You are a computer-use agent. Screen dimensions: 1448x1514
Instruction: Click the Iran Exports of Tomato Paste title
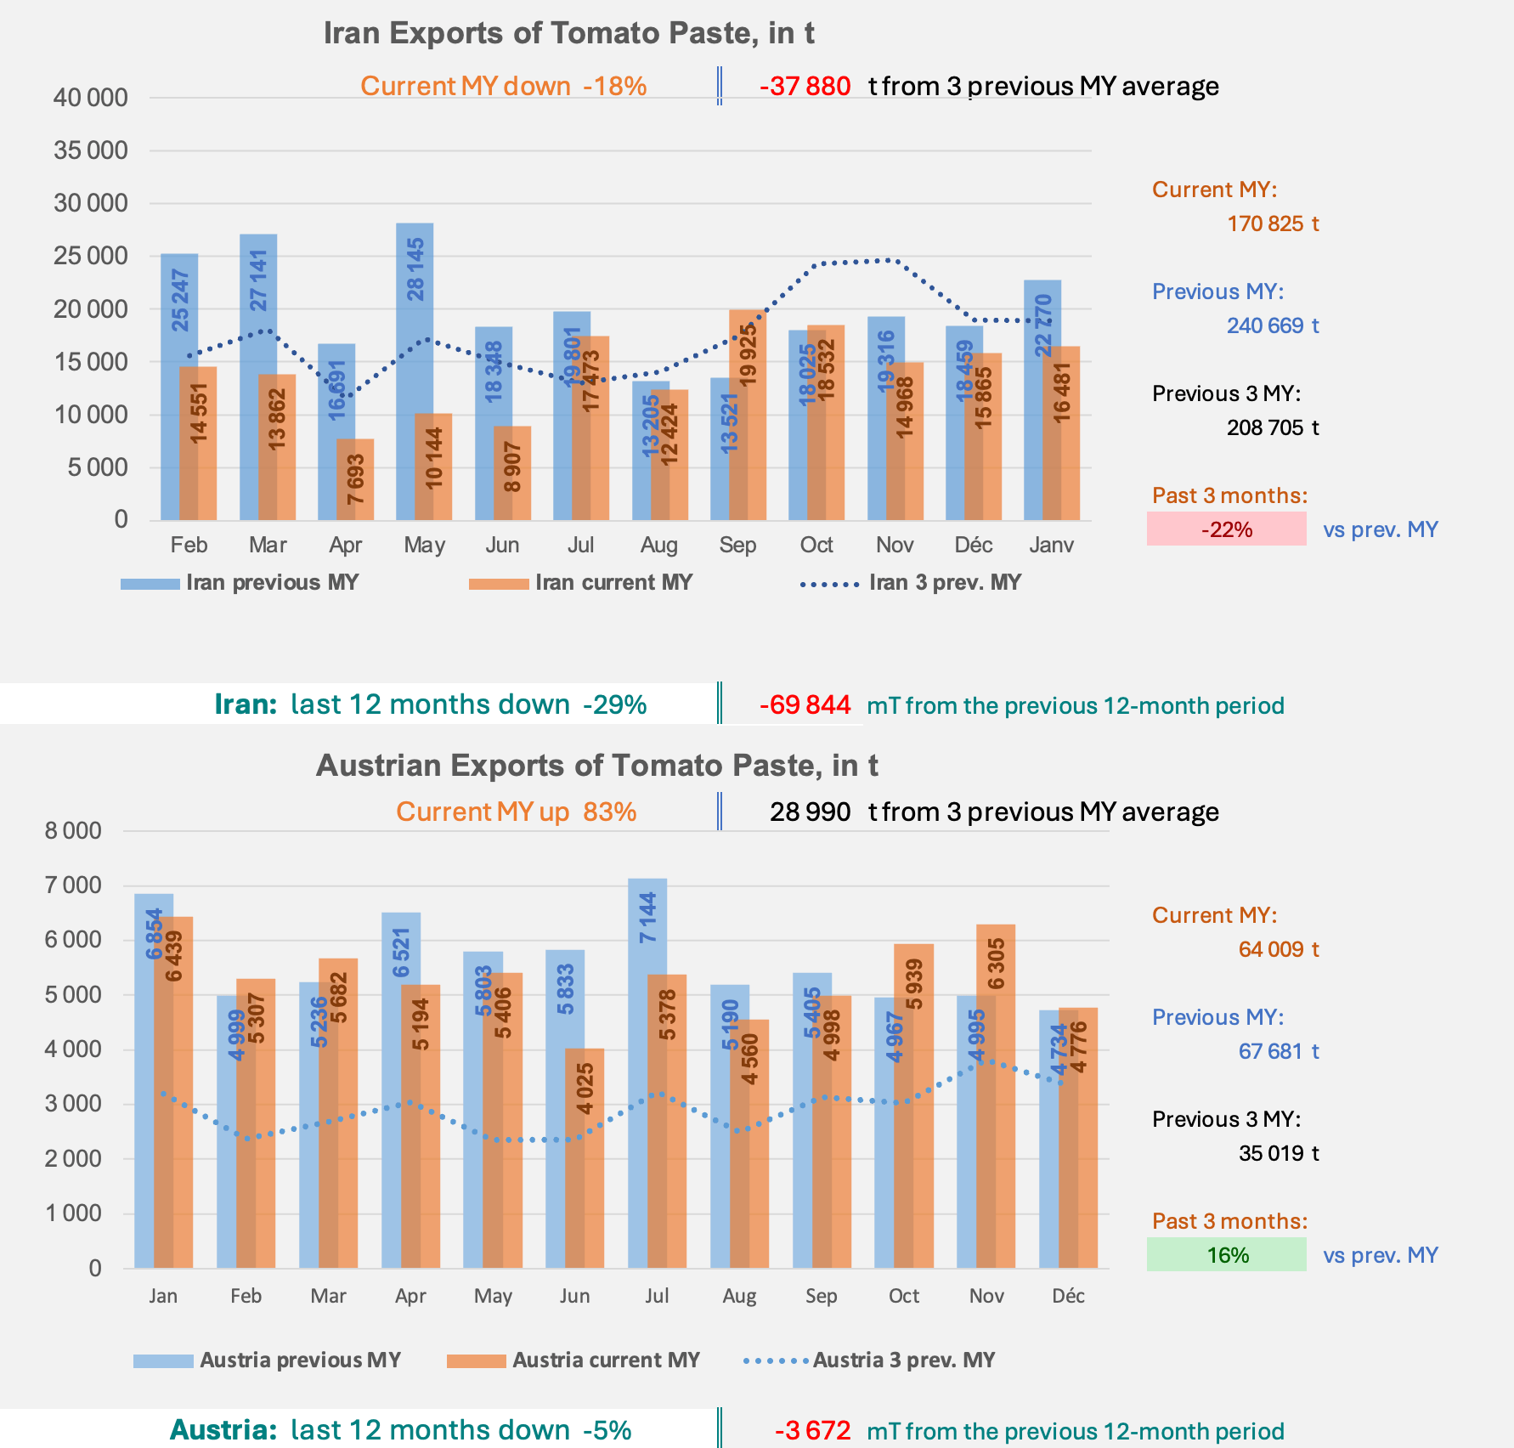point(568,33)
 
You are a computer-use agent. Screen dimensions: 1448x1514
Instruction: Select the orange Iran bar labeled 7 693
point(355,479)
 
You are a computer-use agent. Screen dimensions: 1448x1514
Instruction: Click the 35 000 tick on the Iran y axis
point(91,151)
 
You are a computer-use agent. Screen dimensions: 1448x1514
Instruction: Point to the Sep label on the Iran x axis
point(737,545)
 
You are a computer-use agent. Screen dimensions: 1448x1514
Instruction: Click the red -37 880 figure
point(805,87)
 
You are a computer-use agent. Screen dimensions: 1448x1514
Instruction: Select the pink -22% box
point(1226,529)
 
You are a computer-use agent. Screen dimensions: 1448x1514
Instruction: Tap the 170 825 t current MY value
point(1273,223)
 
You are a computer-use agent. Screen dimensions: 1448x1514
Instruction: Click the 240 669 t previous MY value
point(1273,325)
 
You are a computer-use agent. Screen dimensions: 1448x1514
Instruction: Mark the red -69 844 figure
point(805,705)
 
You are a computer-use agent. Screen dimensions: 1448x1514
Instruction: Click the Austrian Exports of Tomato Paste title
point(596,766)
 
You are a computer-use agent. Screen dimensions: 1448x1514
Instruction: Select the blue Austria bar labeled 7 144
point(647,1071)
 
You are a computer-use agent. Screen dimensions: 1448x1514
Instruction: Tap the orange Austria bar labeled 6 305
point(997,1096)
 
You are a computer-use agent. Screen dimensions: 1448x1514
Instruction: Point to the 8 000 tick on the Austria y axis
point(73,831)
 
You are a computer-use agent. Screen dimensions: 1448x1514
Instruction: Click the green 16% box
point(1226,1255)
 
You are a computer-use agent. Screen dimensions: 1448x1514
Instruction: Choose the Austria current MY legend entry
point(573,1360)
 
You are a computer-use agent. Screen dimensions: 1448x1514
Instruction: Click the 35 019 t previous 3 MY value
point(1279,1153)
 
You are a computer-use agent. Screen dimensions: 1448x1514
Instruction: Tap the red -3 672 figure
point(812,1431)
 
